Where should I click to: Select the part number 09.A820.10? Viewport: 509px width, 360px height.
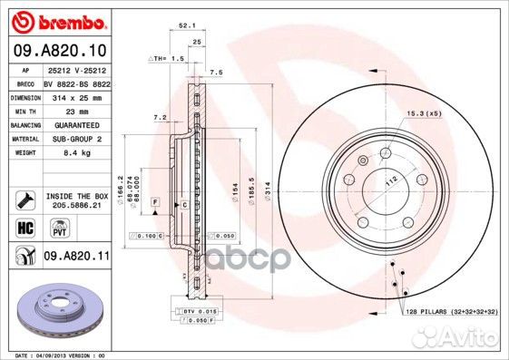click(59, 51)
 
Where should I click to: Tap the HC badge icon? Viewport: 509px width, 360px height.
click(24, 228)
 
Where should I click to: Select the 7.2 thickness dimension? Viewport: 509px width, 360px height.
click(159, 118)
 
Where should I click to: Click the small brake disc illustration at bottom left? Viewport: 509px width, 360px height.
click(54, 308)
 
